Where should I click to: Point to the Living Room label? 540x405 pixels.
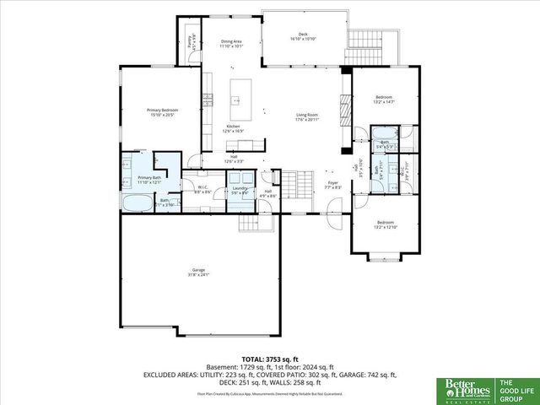pos(306,116)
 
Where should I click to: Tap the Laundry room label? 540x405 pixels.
pos(240,192)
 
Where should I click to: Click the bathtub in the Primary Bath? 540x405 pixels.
pos(138,202)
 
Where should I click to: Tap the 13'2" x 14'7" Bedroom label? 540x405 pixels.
pos(384,100)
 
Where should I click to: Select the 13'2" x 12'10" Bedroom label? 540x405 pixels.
pos(384,224)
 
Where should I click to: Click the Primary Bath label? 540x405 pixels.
pos(149,181)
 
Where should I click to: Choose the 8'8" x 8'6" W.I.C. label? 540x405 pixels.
pos(202,191)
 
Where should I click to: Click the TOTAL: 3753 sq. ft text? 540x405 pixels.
pos(270,359)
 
